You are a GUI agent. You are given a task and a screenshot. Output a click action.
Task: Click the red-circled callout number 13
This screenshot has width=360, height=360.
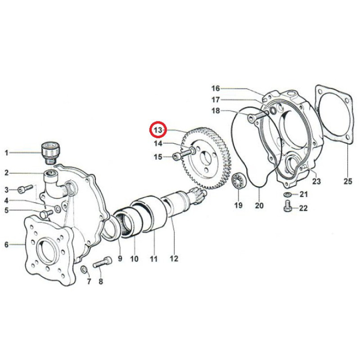(x=158, y=130)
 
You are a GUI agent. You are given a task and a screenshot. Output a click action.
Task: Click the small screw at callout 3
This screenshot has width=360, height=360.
(x=25, y=189)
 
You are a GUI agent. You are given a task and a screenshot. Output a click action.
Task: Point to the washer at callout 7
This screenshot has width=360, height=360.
(x=84, y=269)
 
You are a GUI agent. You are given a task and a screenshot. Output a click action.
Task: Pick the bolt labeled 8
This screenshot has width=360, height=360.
(x=103, y=262)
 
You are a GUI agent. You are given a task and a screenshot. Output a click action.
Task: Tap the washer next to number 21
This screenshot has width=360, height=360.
(x=287, y=195)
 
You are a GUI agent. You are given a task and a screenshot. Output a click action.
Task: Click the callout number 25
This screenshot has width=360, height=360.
(x=347, y=181)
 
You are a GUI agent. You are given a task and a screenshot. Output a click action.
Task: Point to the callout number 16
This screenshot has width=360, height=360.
(x=216, y=88)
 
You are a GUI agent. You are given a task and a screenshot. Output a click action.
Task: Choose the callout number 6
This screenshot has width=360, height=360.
(x=6, y=245)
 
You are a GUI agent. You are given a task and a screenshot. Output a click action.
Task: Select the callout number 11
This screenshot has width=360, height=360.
(x=153, y=259)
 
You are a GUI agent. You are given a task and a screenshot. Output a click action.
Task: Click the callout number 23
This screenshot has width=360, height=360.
(x=316, y=181)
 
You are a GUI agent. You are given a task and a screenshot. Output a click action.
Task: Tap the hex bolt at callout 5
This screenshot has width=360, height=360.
(x=46, y=213)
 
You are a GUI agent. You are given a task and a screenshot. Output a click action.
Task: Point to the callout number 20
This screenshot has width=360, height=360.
(x=259, y=205)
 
